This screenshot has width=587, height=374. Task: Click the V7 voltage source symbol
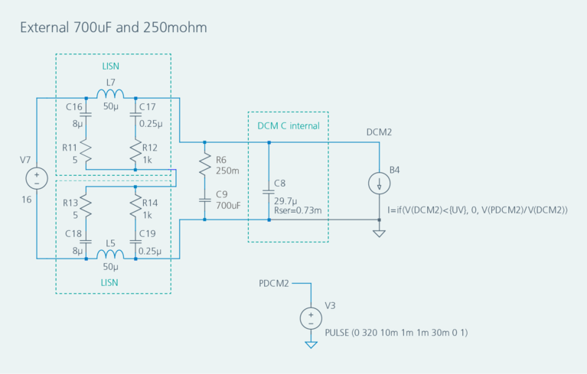pyautogui.click(x=36, y=179)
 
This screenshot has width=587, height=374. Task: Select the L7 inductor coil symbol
pyautogui.click(x=110, y=95)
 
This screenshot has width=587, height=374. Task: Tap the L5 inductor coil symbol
pyautogui.click(x=110, y=255)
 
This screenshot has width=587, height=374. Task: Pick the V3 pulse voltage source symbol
pyautogui.click(x=311, y=317)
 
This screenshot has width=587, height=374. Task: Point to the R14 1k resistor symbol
pyautogui.click(x=135, y=205)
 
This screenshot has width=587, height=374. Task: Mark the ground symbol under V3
pyautogui.click(x=311, y=344)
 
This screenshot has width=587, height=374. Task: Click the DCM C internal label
pyautogui.click(x=288, y=125)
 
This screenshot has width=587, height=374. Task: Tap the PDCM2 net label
pyautogui.click(x=274, y=284)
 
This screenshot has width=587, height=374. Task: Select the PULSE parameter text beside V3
pyautogui.click(x=396, y=333)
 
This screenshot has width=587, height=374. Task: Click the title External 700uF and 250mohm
pyautogui.click(x=113, y=28)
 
